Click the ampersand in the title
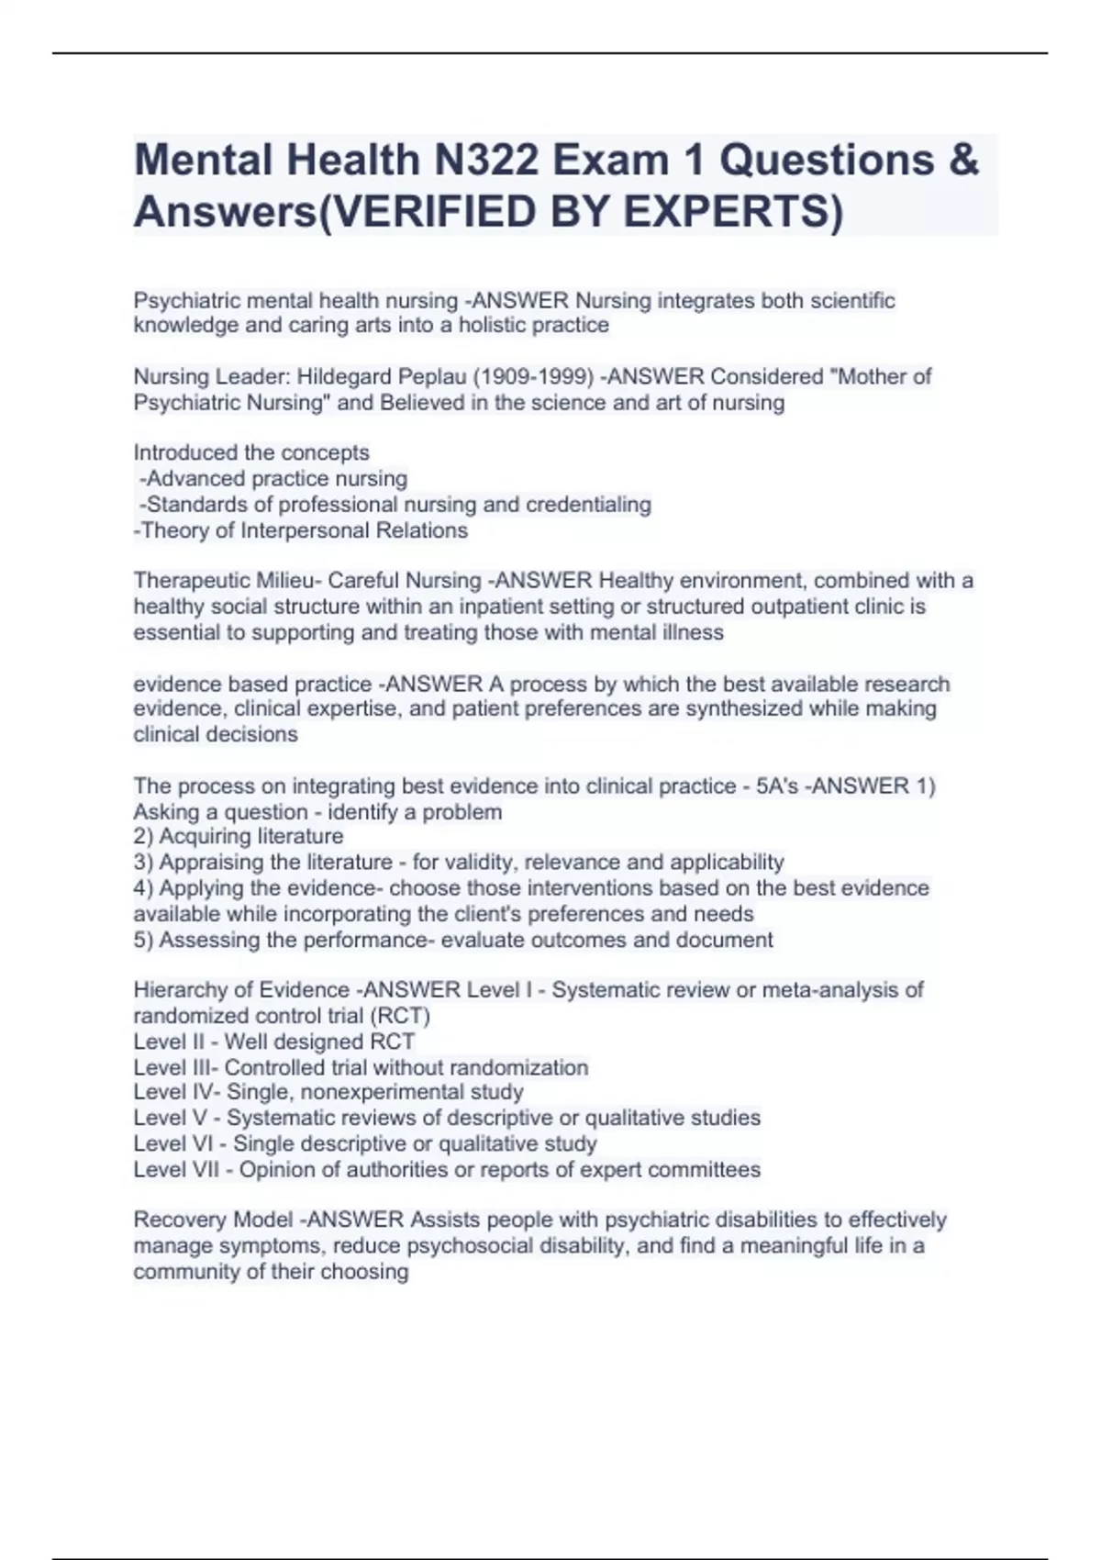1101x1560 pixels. (x=962, y=161)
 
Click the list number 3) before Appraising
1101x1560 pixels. (x=144, y=863)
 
